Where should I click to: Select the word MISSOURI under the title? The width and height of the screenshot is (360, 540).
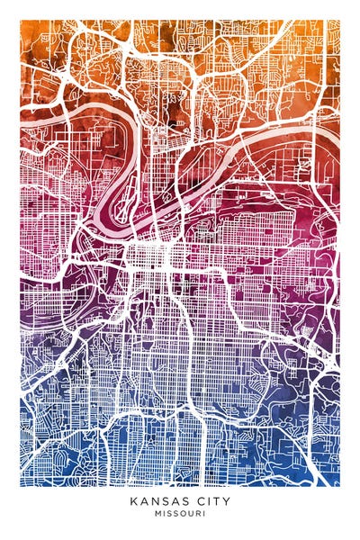click(180, 515)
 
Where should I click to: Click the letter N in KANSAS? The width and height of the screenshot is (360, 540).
click(153, 502)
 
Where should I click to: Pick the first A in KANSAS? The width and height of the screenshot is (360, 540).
click(143, 502)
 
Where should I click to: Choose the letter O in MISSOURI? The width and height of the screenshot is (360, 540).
click(183, 515)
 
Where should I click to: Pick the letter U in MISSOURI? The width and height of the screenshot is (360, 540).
click(190, 515)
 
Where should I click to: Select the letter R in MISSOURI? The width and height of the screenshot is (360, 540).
click(197, 515)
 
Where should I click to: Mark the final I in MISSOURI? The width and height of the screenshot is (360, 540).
click(202, 515)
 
